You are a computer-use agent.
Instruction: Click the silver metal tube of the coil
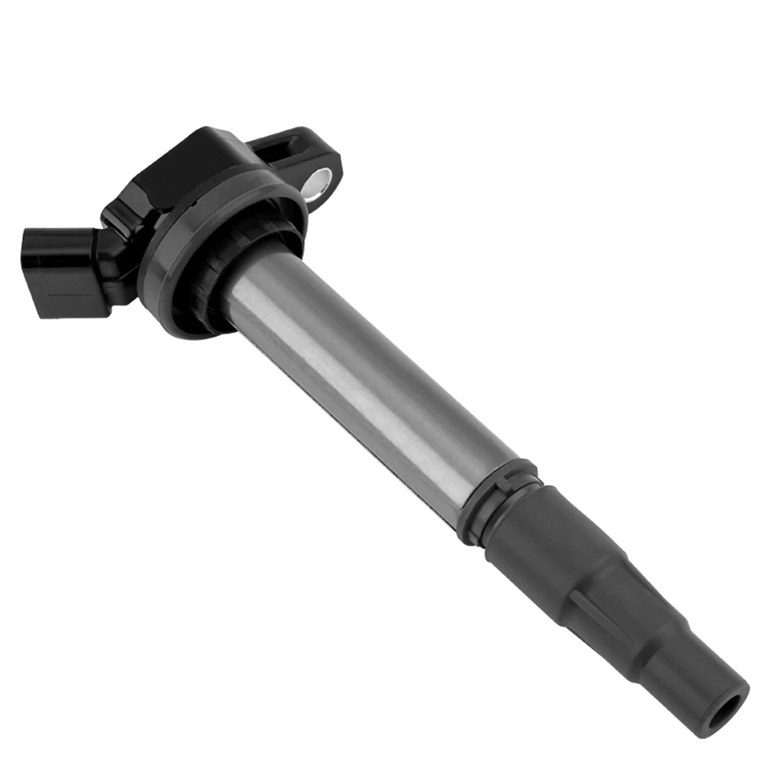pyautogui.click(x=368, y=368)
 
